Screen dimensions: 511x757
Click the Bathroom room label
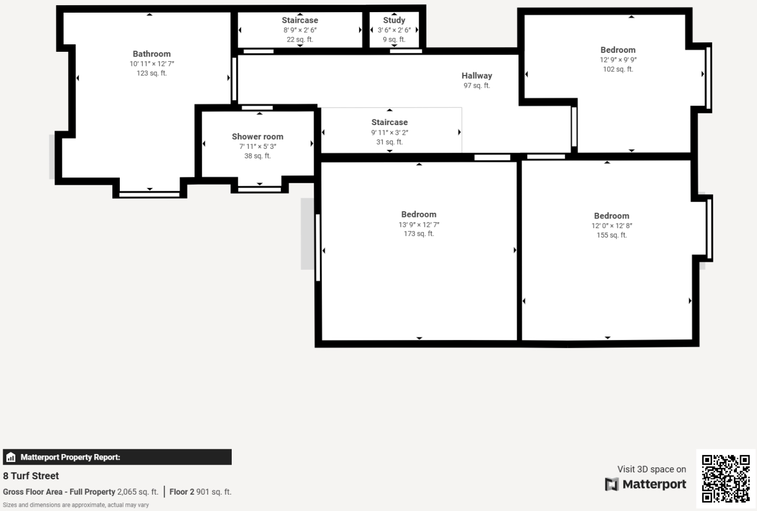click(x=152, y=54)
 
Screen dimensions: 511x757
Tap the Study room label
click(x=394, y=20)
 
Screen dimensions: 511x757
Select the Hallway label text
click(x=477, y=75)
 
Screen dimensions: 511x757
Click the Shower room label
click(x=258, y=137)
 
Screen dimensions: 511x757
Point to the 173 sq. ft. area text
click(x=419, y=234)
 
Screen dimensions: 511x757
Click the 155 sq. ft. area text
click(x=611, y=235)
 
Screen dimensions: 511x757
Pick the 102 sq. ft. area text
click(x=618, y=69)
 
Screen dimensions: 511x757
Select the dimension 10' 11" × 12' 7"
click(x=152, y=64)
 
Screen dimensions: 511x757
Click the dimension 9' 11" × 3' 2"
click(x=390, y=133)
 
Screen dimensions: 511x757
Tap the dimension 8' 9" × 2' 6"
click(x=300, y=30)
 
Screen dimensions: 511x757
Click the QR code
click(x=725, y=478)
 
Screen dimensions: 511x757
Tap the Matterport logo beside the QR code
click(x=646, y=484)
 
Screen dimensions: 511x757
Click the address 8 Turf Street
click(x=31, y=476)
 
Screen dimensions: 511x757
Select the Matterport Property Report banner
click(x=117, y=457)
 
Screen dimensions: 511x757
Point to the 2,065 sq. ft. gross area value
click(x=138, y=492)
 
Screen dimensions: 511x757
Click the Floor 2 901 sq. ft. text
click(x=200, y=492)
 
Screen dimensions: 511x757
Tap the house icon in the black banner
click(x=11, y=457)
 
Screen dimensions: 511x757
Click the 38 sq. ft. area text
click(x=257, y=156)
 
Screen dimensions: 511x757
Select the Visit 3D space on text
click(x=651, y=469)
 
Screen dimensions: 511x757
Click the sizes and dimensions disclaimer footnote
click(x=76, y=505)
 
